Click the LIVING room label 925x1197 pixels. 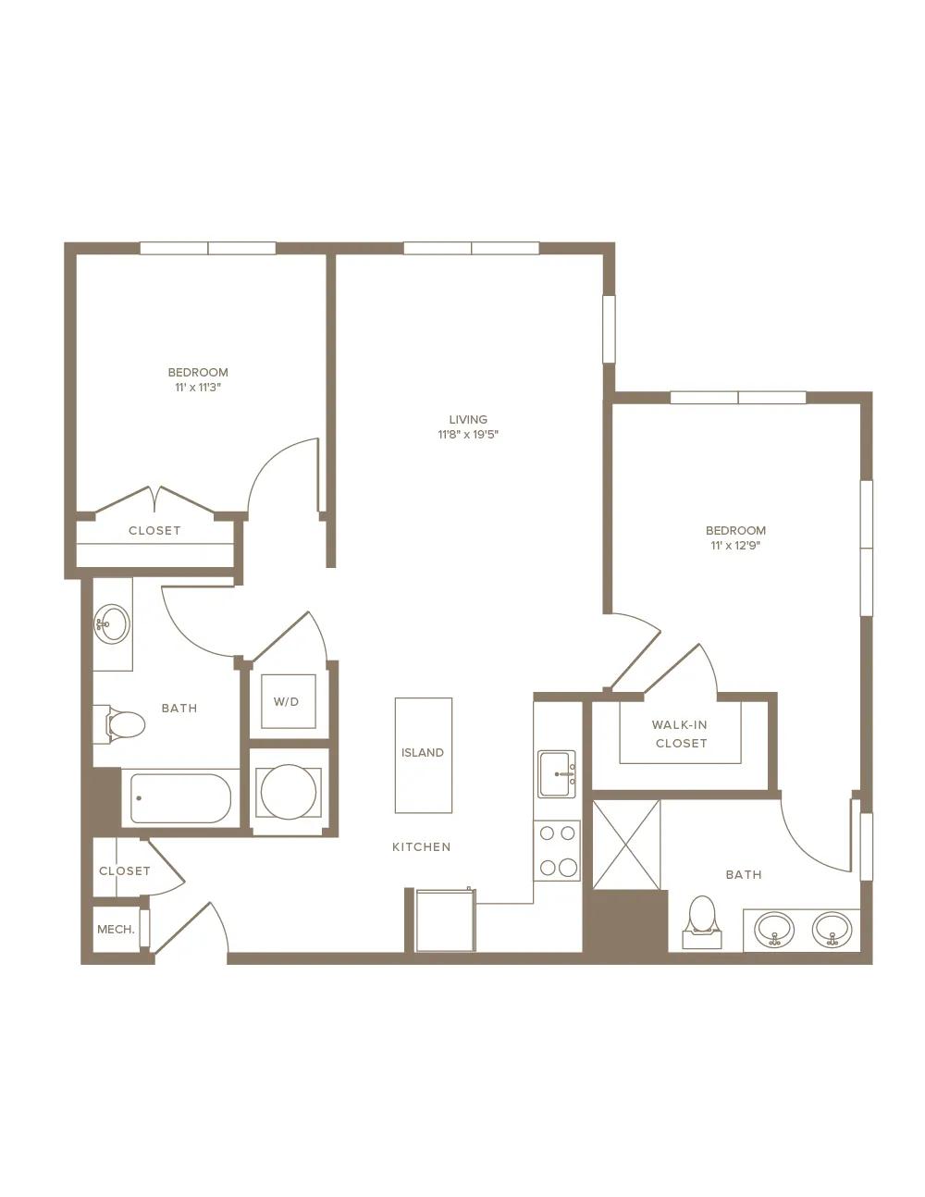[468, 420]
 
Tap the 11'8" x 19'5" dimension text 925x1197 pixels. [468, 435]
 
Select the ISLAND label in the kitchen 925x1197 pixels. [423, 752]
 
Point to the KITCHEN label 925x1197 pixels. [422, 847]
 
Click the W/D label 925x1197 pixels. [287, 701]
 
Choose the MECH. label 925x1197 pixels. [116, 930]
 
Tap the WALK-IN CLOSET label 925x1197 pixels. [681, 734]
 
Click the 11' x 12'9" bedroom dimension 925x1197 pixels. [735, 546]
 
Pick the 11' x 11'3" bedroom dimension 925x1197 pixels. [198, 388]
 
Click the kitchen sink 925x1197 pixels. [557, 773]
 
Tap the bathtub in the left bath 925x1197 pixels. [180, 798]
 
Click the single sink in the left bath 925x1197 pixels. [112, 623]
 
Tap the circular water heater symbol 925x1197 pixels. [289, 792]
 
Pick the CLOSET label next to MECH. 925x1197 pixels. [125, 870]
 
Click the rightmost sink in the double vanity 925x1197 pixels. [832, 931]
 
